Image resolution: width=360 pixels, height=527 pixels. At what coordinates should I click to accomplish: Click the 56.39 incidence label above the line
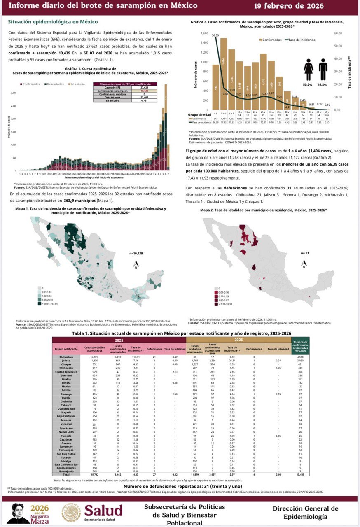point(215,36)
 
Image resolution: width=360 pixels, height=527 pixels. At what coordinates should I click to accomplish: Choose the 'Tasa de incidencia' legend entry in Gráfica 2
point(302,40)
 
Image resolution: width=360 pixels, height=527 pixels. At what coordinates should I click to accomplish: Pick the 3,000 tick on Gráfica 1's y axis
point(13,93)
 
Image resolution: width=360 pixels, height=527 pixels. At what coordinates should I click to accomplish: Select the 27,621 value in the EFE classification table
point(145,87)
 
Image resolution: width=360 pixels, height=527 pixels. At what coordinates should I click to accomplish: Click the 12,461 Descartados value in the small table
point(145,97)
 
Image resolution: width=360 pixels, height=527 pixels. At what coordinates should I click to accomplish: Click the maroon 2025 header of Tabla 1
point(119,340)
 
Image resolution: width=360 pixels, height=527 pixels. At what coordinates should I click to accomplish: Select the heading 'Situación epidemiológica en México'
point(53,21)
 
